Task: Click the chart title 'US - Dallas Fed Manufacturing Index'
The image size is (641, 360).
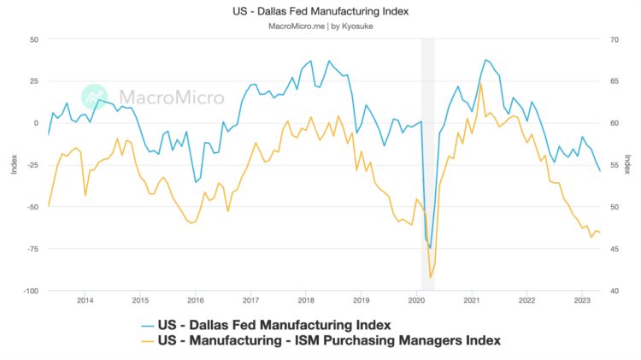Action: tap(320, 11)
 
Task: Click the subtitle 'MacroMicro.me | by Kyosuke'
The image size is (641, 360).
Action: tap(320, 26)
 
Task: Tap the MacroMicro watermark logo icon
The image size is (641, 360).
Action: tap(94, 97)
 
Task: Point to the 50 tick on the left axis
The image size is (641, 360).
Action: tap(34, 39)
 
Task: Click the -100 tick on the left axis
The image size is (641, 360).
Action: tap(31, 291)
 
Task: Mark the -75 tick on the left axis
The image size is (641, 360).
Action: tap(32, 249)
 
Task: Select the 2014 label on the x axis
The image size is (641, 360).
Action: tap(85, 300)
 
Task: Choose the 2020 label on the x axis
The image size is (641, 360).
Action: tap(416, 300)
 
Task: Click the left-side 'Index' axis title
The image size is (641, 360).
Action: tap(15, 165)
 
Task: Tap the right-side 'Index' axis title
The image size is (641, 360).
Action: tap(628, 165)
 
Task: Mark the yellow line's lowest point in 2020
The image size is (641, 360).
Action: tap(431, 278)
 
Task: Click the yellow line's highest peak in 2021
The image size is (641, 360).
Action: tap(481, 83)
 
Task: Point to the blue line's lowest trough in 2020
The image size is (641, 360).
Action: tap(431, 248)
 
